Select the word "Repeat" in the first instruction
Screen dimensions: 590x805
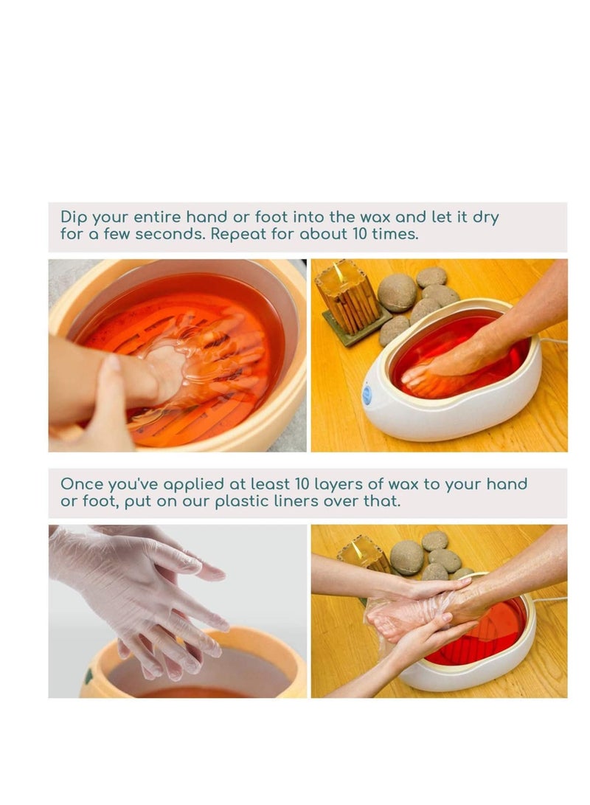[238, 234]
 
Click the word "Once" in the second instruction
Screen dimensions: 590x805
[82, 484]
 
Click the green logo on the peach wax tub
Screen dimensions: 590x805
[88, 676]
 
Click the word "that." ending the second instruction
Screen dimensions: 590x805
[381, 501]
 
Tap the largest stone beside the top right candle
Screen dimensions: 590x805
[397, 293]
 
